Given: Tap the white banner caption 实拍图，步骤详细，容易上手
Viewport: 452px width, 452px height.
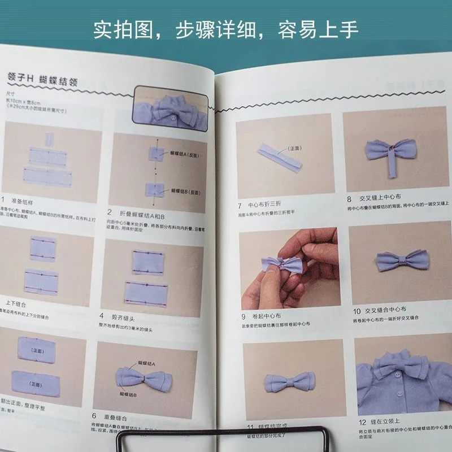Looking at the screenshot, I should pos(226,29).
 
